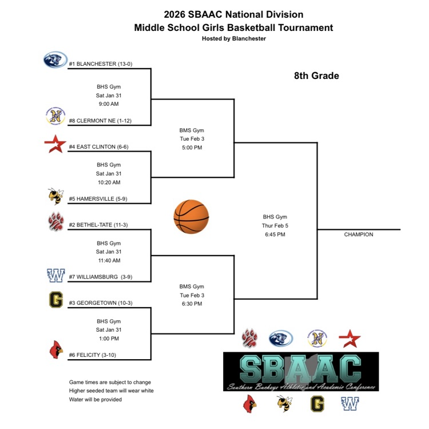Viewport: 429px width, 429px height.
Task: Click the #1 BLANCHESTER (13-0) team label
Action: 101,63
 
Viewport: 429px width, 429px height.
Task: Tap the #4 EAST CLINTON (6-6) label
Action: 98,146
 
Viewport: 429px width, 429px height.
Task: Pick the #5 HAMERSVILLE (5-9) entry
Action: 101,199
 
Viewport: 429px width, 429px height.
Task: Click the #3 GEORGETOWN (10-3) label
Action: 101,303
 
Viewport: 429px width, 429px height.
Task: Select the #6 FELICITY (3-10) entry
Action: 92,355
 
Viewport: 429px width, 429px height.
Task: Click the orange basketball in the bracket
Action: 191,217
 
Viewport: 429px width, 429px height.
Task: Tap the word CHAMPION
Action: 359,235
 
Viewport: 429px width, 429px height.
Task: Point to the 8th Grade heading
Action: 316,76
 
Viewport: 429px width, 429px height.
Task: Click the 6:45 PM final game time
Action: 275,235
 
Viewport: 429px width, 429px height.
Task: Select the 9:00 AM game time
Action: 109,104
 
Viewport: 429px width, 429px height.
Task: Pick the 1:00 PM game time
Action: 109,339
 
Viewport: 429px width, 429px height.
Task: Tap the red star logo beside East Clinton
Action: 55,144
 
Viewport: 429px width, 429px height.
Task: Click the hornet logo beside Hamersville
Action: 55,196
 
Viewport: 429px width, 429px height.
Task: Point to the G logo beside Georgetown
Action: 55,300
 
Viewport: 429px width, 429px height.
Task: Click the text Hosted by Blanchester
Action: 233,38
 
